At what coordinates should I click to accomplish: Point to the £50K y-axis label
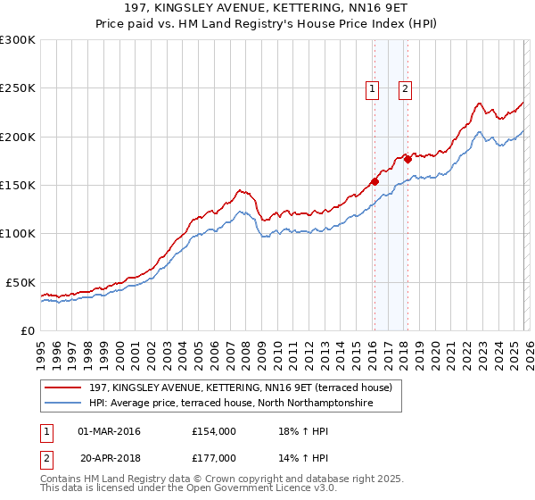[21, 282]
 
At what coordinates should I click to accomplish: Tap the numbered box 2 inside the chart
[405, 87]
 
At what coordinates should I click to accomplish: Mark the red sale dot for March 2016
[374, 181]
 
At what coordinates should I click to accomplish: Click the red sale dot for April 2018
[407, 159]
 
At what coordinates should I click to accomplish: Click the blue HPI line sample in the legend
[64, 404]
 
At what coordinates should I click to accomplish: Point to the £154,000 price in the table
[213, 431]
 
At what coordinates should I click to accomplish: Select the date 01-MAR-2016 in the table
[110, 431]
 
